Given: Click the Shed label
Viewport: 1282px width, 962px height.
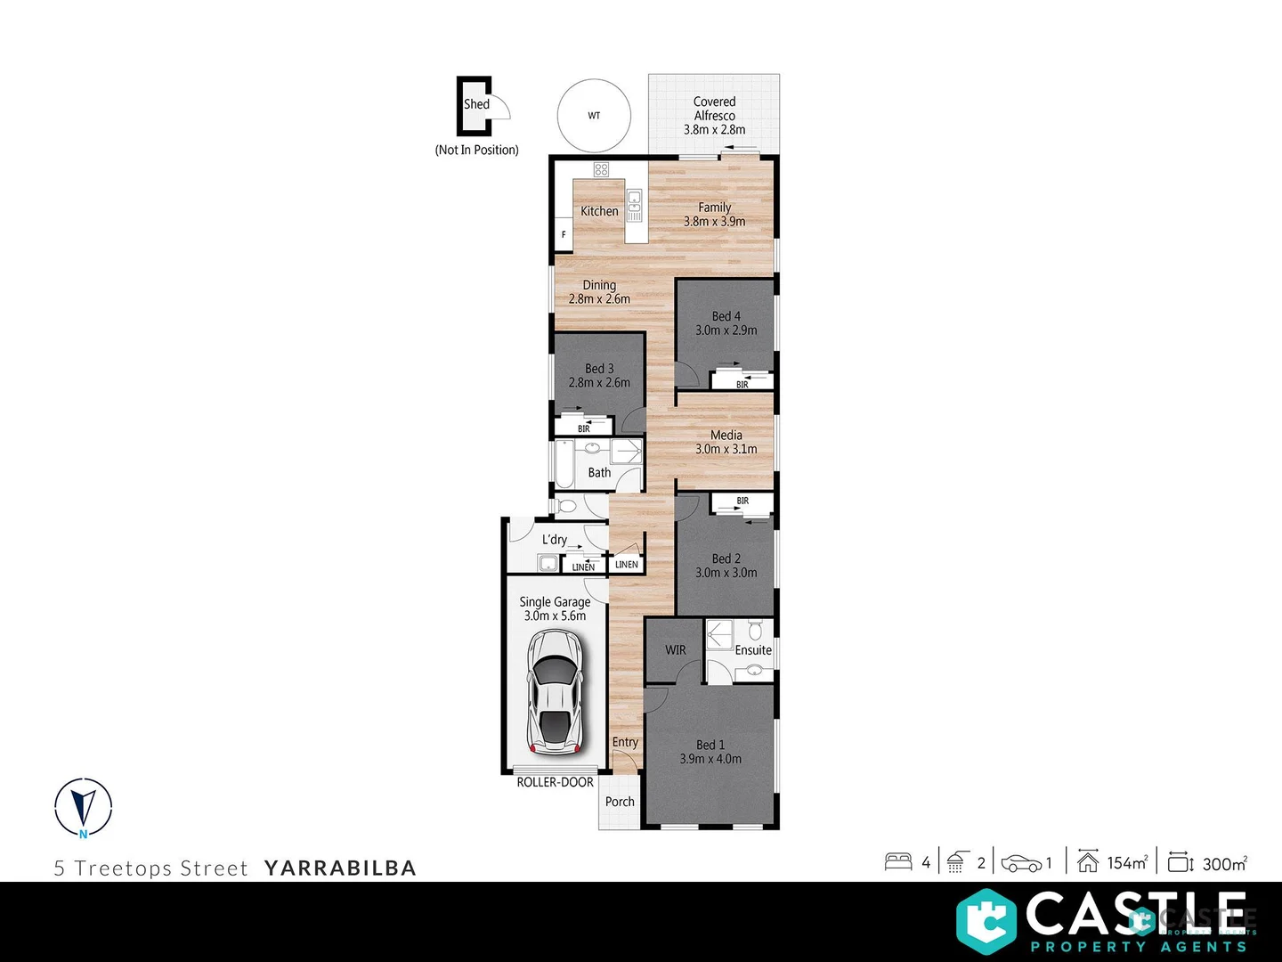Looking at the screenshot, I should pyautogui.click(x=476, y=104).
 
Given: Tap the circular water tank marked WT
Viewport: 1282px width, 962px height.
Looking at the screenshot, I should pyautogui.click(x=594, y=116).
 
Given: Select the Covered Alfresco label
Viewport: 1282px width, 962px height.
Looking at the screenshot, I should pyautogui.click(x=714, y=109).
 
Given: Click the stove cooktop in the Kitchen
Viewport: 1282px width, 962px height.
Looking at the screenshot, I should pyautogui.click(x=601, y=169).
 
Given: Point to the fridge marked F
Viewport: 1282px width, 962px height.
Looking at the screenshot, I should pyautogui.click(x=564, y=235).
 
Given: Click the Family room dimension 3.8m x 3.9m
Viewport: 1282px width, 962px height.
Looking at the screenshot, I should pyautogui.click(x=714, y=222).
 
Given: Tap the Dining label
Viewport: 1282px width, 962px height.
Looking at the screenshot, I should pyautogui.click(x=599, y=285).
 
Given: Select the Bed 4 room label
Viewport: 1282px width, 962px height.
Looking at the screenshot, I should pyautogui.click(x=726, y=316).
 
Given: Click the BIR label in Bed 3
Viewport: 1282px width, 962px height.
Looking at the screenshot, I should pyautogui.click(x=584, y=428).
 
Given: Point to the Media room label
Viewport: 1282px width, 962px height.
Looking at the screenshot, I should pyautogui.click(x=726, y=436).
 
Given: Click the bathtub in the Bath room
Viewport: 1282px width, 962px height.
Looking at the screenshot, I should pyautogui.click(x=564, y=465).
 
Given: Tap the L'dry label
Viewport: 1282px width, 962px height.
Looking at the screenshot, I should pyautogui.click(x=555, y=540).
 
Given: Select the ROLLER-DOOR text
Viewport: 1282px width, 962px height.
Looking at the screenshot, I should pyautogui.click(x=555, y=782).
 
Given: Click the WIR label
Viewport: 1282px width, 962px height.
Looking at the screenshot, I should pyautogui.click(x=676, y=650).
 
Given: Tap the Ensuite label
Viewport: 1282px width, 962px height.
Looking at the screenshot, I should pyautogui.click(x=753, y=650).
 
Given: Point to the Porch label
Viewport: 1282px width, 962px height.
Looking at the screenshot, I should pyautogui.click(x=620, y=802).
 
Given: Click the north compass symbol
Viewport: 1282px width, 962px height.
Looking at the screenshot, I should pyautogui.click(x=84, y=808).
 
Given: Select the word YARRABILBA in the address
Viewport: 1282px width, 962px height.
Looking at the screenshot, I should pyautogui.click(x=340, y=868).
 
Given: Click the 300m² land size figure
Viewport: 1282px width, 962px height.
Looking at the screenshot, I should pyautogui.click(x=1224, y=863).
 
